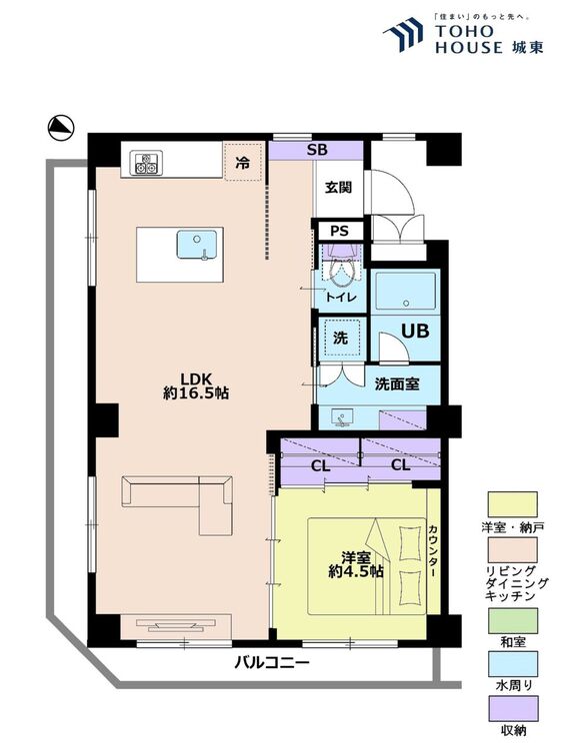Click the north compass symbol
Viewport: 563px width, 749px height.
point(61,128)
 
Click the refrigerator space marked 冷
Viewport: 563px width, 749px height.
point(243,163)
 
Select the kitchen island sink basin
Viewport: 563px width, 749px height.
point(197,245)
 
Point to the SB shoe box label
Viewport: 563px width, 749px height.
point(317,150)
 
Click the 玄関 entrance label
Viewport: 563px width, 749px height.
point(339,188)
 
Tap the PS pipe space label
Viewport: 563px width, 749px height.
point(340,232)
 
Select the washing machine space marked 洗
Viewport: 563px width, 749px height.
point(340,338)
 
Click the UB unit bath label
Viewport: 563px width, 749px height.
point(415,331)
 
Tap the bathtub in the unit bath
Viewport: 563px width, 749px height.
point(406,292)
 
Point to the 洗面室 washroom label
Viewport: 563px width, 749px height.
point(397,384)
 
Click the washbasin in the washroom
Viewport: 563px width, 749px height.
point(342,417)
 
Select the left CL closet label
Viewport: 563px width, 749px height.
point(320,465)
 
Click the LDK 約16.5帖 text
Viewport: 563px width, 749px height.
point(196,385)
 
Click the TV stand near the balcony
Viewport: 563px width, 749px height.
point(176,626)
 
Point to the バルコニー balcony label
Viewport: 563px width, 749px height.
point(272,662)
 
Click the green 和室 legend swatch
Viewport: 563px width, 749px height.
point(513,620)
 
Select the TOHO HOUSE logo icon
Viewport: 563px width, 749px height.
point(403,34)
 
